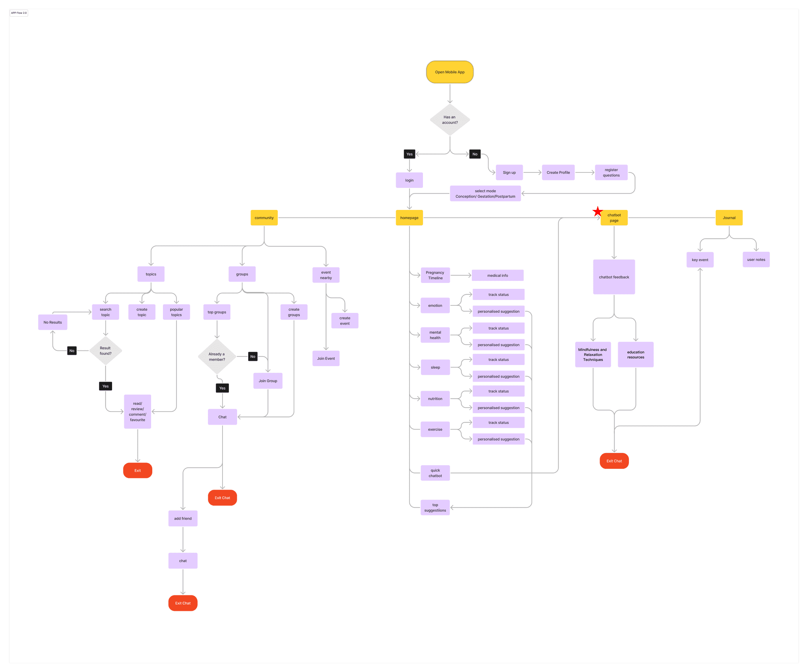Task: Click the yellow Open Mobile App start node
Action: [450, 72]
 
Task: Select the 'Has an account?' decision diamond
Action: [450, 120]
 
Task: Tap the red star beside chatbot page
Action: [598, 212]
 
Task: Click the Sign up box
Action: [509, 172]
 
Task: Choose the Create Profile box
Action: [558, 172]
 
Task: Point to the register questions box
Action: [611, 172]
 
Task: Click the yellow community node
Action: [264, 218]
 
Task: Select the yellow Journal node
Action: [729, 218]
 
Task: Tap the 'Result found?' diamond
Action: [105, 351]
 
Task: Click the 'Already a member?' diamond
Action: [217, 357]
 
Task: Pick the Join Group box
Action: [268, 381]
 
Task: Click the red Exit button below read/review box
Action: [137, 470]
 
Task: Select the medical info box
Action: [498, 275]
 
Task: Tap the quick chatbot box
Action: [435, 473]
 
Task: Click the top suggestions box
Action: [435, 507]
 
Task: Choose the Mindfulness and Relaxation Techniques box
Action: [593, 354]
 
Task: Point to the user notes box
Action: [756, 260]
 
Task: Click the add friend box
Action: [183, 519]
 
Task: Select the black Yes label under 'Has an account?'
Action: [410, 154]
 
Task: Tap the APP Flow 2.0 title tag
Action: [19, 13]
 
